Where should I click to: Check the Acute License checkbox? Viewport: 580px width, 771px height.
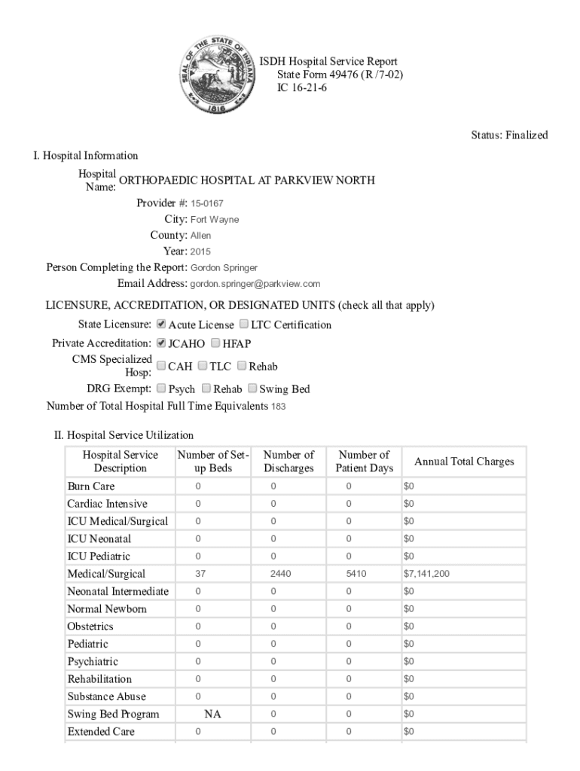coord(160,325)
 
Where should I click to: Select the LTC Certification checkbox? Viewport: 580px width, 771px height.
coord(244,325)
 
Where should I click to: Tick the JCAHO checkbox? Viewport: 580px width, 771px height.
coord(160,343)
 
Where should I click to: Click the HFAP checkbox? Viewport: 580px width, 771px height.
coord(216,343)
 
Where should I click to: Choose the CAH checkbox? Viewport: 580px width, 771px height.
coord(160,366)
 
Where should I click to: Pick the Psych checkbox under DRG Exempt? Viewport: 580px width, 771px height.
coord(160,389)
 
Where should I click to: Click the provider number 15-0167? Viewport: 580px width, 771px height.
coord(206,203)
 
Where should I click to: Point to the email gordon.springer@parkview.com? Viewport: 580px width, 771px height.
coord(255,284)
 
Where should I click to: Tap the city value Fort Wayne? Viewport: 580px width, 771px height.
coord(215,220)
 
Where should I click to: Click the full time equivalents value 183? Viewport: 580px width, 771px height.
coord(278,407)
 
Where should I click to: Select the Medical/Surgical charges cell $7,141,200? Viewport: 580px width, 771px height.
coord(426,574)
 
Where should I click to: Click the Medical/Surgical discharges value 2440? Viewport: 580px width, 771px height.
coord(280,574)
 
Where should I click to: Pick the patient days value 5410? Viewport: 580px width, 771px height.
coord(356,574)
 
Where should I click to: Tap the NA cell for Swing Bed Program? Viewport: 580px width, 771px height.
coord(213,714)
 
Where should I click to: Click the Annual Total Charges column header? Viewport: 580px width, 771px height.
coord(464,462)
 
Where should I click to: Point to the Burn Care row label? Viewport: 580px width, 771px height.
coord(90,486)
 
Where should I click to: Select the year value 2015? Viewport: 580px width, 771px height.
coord(200,251)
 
